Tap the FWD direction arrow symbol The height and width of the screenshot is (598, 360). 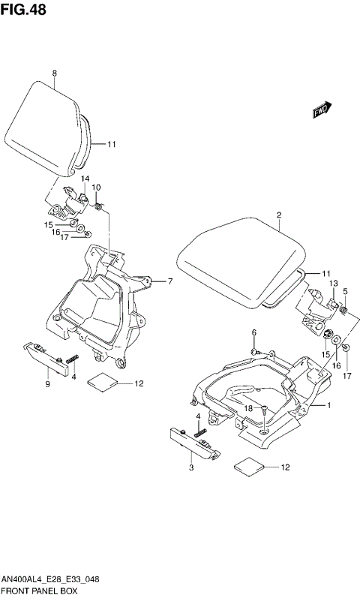pos(322,110)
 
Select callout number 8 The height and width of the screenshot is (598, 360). pos(55,73)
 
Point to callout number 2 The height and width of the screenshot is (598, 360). pos(278,215)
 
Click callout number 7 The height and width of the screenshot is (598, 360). pos(170,282)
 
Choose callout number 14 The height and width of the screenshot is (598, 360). pos(85,178)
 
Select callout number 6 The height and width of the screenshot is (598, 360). pos(253,332)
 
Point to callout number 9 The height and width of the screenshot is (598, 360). pos(47,384)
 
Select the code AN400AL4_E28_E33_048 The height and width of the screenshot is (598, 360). pos(52,581)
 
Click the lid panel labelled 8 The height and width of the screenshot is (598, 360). pos(45,128)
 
